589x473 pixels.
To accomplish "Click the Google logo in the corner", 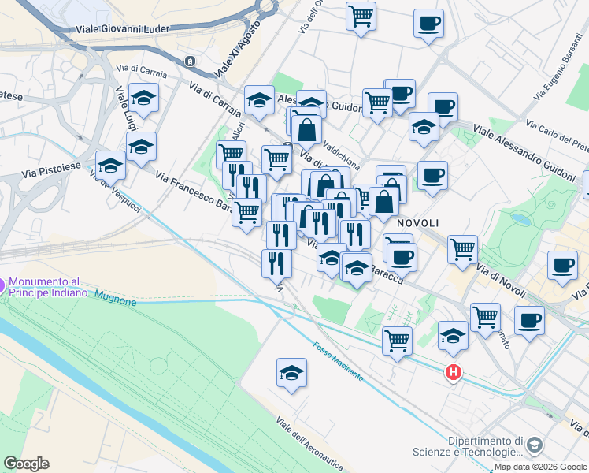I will pyautogui.click(x=26, y=464).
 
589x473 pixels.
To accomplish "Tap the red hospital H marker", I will pyautogui.click(x=453, y=372).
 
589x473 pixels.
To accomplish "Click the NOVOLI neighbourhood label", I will pyautogui.click(x=417, y=223).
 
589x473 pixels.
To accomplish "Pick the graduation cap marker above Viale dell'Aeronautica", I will pyautogui.click(x=291, y=373).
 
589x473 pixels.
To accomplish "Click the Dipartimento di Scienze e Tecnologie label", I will pyautogui.click(x=485, y=447).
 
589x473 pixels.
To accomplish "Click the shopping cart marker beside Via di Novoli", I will pyautogui.click(x=462, y=249).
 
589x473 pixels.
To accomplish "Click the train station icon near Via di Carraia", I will pyautogui.click(x=189, y=61).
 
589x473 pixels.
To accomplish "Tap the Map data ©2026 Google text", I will pyautogui.click(x=540, y=467).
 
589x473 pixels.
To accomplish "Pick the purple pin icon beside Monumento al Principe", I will pyautogui.click(x=2, y=284).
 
